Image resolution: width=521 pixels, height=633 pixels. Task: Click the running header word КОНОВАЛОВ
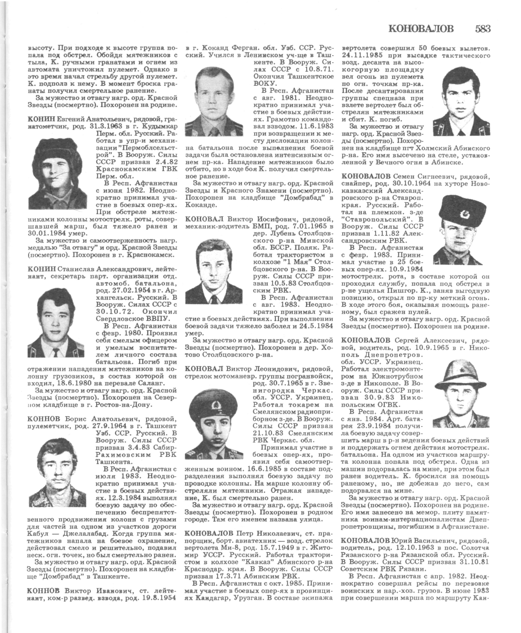pyautogui.click(x=421, y=29)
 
